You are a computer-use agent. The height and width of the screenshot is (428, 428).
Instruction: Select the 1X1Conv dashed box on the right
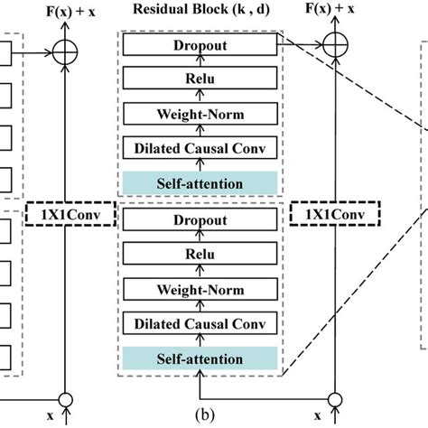(331, 214)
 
